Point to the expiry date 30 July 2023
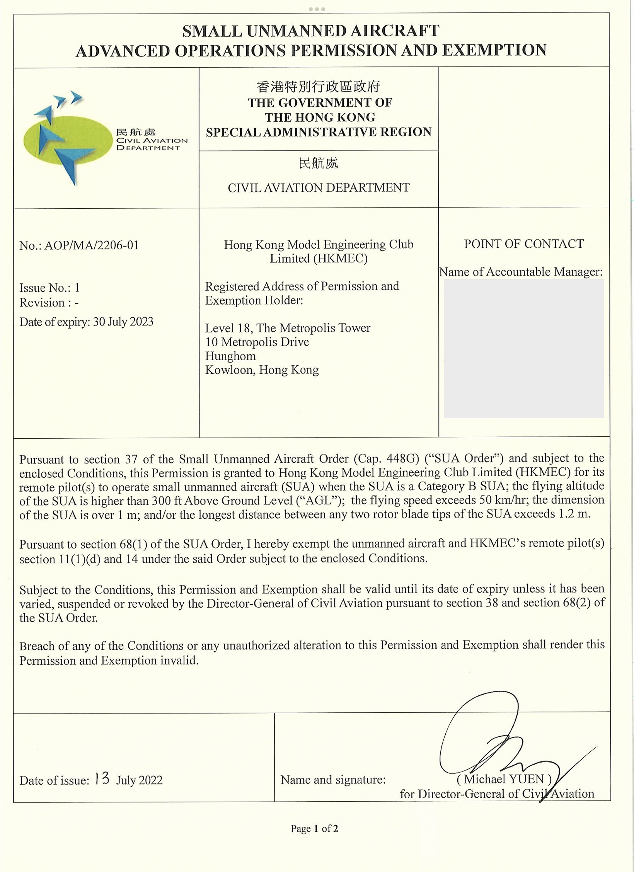click(x=123, y=322)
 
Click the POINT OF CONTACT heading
click(x=524, y=244)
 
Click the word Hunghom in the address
click(x=230, y=356)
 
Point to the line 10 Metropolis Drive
click(x=257, y=342)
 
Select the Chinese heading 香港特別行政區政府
click(x=319, y=87)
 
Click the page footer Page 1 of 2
click(x=314, y=828)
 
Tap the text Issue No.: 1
click(x=49, y=288)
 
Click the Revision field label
click(x=43, y=303)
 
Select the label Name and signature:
click(x=333, y=780)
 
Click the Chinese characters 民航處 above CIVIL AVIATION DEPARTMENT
click(x=319, y=163)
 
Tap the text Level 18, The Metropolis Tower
click(x=288, y=328)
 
